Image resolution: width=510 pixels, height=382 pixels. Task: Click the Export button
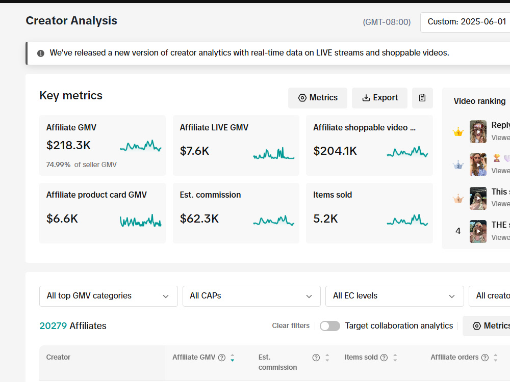click(379, 98)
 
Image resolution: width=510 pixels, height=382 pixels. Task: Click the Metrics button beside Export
click(317, 98)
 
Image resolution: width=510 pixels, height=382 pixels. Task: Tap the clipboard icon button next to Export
click(422, 98)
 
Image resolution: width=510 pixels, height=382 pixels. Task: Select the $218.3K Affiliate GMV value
click(68, 145)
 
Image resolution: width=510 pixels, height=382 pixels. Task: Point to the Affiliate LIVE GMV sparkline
click(273, 153)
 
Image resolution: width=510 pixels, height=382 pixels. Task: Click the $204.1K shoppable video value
click(335, 151)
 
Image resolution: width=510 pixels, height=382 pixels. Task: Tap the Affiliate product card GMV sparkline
click(141, 221)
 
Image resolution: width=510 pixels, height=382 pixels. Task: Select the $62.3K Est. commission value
click(199, 219)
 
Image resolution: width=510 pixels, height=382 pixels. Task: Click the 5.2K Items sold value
click(325, 219)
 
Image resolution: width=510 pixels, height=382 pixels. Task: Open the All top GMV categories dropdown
click(108, 296)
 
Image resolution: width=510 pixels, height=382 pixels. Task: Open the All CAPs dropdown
click(251, 296)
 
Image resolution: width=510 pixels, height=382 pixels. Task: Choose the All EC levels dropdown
click(395, 296)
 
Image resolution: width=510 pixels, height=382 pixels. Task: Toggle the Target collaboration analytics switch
click(330, 326)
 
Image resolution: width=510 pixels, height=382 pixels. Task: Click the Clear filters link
click(291, 326)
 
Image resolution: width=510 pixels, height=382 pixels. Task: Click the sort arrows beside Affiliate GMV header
click(232, 358)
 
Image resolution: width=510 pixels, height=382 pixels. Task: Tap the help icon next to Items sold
click(384, 358)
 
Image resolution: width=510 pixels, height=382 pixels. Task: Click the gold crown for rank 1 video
click(458, 132)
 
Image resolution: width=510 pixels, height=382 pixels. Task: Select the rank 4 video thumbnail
click(478, 231)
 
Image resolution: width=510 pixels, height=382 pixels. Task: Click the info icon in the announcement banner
click(41, 53)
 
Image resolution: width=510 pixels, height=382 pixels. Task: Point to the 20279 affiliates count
click(53, 326)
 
